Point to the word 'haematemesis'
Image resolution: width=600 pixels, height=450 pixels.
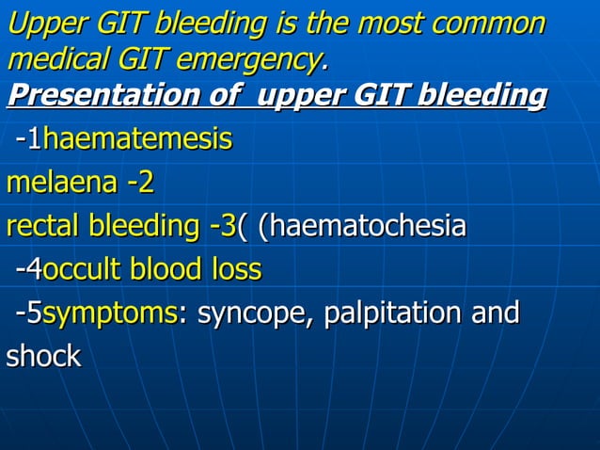pos(137,140)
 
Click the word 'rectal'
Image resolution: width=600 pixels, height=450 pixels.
pos(42,226)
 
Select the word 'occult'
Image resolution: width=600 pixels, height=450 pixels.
pos(83,270)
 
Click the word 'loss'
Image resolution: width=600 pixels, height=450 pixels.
pos(235,270)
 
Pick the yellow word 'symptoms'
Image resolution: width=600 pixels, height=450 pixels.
pos(110,313)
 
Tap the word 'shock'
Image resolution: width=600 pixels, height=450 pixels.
pos(44,357)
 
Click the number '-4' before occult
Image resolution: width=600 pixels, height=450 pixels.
pos(29,270)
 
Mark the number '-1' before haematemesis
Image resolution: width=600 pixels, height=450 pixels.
pos(29,140)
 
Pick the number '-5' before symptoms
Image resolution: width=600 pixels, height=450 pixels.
pos(29,313)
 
